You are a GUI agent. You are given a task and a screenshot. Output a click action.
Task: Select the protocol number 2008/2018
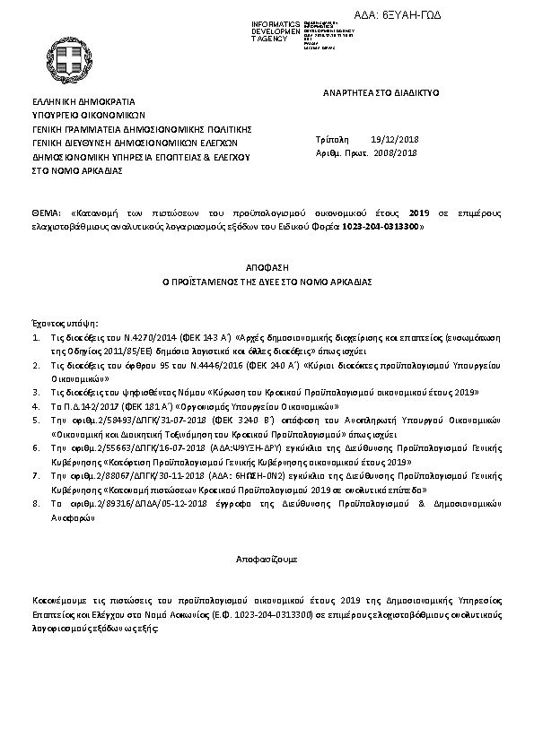396,153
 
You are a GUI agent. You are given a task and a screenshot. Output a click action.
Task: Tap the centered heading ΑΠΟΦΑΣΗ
267,267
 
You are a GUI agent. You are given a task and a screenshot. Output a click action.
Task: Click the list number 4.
35,406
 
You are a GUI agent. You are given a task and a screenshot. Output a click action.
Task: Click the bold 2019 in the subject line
418,214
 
